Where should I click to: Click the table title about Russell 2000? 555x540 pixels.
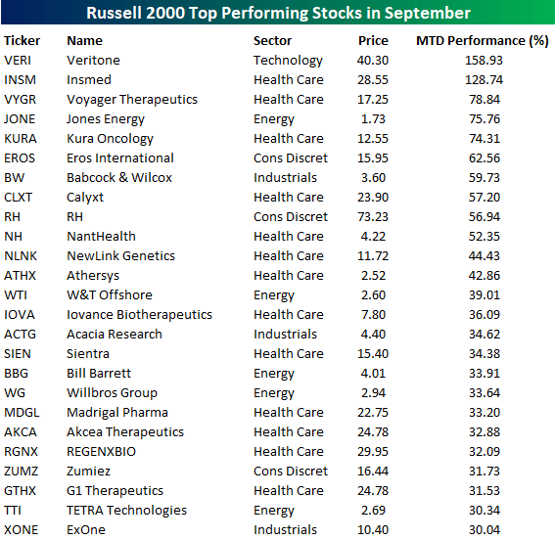point(278,13)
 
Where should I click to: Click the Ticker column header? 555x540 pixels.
point(22,41)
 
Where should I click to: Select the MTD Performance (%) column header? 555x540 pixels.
point(482,41)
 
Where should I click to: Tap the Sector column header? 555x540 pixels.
point(272,41)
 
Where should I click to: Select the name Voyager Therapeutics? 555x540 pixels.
point(131,100)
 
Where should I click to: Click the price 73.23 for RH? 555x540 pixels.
point(373,217)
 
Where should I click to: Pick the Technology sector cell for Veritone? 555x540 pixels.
point(288,61)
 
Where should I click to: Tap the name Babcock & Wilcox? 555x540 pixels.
point(119,178)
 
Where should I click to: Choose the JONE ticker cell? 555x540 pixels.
point(20,119)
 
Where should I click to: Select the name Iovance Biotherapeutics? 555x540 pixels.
point(139,315)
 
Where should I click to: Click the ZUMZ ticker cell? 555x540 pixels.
point(22,472)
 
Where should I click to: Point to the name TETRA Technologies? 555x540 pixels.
point(126,511)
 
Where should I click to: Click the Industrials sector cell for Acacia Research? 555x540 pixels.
point(285,335)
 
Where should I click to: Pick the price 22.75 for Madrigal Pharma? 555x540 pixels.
point(373,413)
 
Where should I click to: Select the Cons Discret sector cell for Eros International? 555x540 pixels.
point(291,158)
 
